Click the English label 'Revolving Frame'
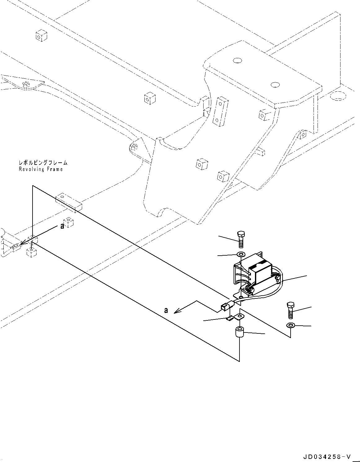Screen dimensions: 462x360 pos(41,169)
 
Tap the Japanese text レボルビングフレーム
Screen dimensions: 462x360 pos(43,162)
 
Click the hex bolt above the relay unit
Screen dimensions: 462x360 pos(241,240)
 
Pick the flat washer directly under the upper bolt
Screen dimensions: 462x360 pos(240,254)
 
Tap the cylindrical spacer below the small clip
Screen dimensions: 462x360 pos(239,333)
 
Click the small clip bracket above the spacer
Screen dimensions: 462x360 pos(235,317)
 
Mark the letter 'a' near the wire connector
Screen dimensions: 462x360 pos(166,310)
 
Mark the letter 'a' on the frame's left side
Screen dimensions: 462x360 pos(62,227)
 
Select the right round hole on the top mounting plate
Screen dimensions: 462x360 pos(275,85)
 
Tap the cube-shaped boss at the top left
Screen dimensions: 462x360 pos(41,36)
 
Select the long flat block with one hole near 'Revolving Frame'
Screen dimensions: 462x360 pos(69,202)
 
